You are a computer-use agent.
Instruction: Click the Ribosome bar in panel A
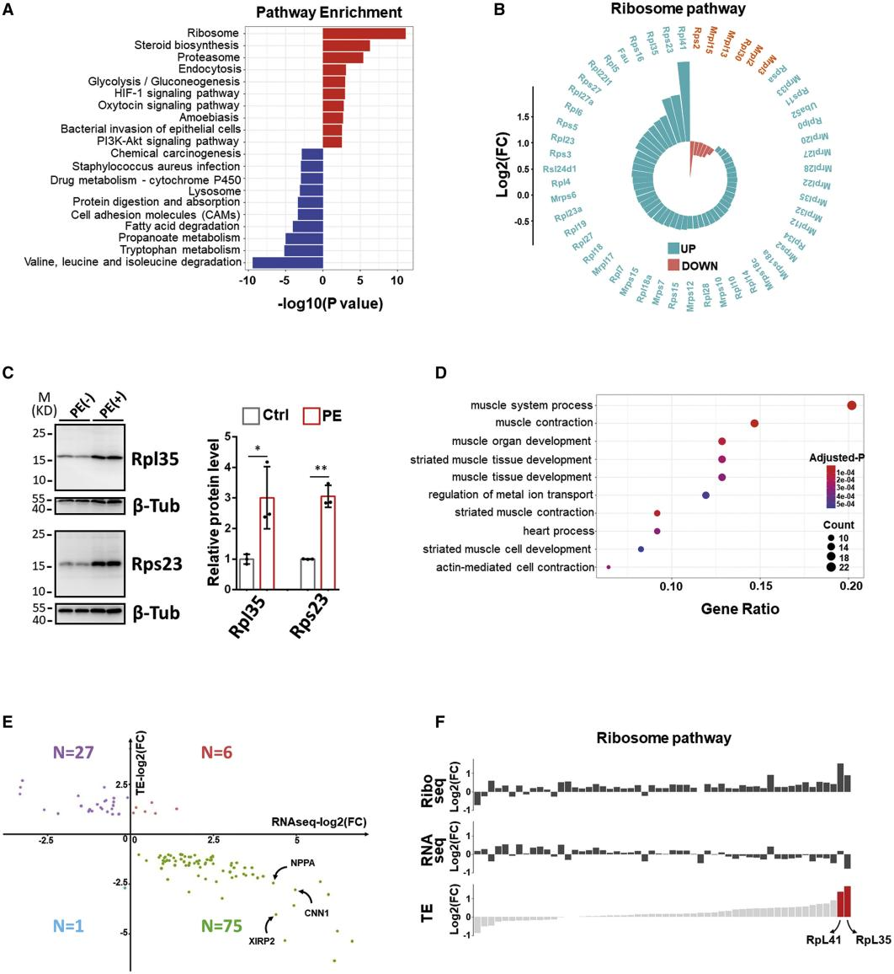(x=364, y=33)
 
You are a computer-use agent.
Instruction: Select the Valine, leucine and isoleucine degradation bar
(x=287, y=262)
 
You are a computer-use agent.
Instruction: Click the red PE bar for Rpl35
(x=268, y=543)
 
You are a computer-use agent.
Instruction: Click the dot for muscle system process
(x=851, y=405)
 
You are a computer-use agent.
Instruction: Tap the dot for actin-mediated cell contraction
(x=609, y=567)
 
